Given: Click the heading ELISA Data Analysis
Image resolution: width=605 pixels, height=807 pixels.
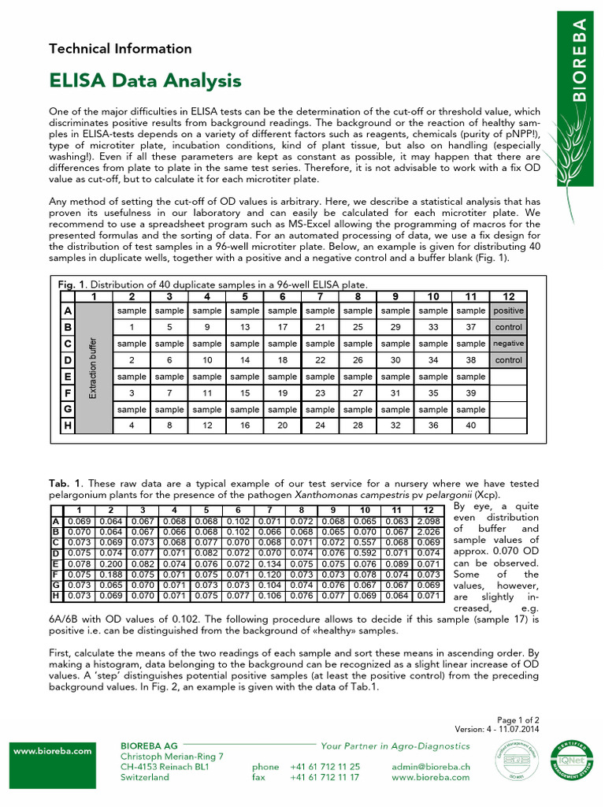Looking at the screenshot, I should pyautogui.click(x=145, y=80).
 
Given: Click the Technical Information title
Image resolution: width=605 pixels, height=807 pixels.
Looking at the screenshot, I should pyautogui.click(x=120, y=49).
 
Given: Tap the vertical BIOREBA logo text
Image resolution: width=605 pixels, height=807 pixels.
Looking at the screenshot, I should pyautogui.click(x=579, y=61).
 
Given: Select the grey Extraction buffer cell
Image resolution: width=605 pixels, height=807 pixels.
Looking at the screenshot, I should pyautogui.click(x=93, y=369).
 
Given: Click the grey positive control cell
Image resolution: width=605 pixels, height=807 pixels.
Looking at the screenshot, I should pyautogui.click(x=508, y=311).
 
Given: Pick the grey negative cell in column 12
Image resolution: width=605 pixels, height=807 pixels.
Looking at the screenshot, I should pyautogui.click(x=508, y=344).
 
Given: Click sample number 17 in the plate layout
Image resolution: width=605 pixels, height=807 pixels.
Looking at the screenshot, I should pyautogui.click(x=282, y=327).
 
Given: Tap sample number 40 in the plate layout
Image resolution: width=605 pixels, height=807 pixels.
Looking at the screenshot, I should pyautogui.click(x=470, y=426).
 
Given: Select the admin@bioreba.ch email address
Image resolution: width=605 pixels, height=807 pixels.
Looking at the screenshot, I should pyautogui.click(x=430, y=766).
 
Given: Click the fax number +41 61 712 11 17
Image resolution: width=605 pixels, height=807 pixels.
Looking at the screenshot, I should pyautogui.click(x=325, y=777).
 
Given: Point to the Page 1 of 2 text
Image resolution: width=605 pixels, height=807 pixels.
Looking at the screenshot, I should pyautogui.click(x=518, y=720).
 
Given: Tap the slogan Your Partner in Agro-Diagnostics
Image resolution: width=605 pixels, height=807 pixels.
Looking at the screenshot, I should pyautogui.click(x=395, y=746).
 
